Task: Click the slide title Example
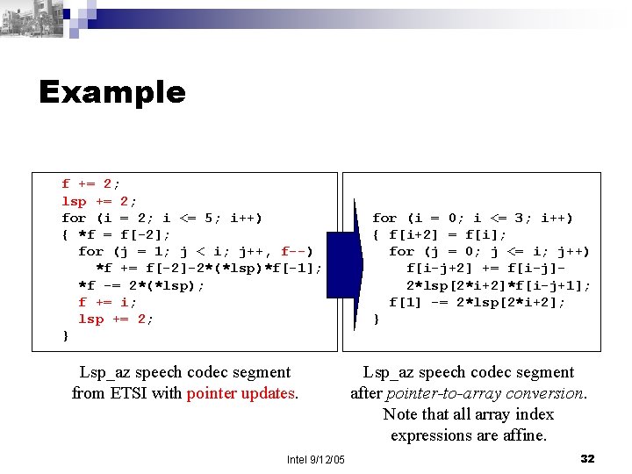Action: click(x=112, y=92)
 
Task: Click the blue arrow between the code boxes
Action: click(x=350, y=263)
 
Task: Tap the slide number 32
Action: click(x=588, y=459)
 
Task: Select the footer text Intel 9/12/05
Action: click(x=316, y=460)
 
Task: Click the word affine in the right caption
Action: click(x=524, y=435)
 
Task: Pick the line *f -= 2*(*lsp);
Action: click(x=140, y=285)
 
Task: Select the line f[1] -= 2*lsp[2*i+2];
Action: click(x=477, y=303)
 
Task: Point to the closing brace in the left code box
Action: click(x=65, y=336)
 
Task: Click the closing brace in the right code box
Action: click(x=376, y=320)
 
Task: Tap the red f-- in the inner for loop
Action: click(x=294, y=252)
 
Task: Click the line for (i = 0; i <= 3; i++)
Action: click(x=472, y=219)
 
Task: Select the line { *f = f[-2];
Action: click(x=116, y=235)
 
